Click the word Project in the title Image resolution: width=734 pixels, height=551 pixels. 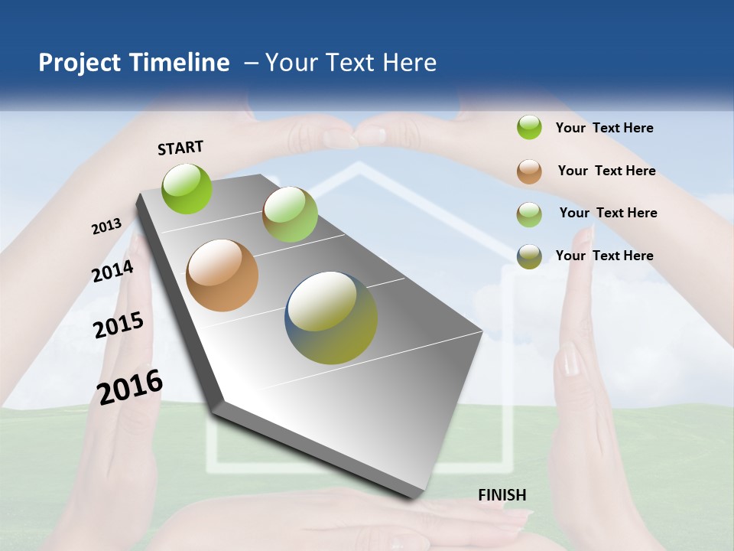pos(80,63)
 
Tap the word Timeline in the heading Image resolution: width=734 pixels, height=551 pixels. pos(180,63)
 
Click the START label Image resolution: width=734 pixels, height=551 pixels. pos(180,148)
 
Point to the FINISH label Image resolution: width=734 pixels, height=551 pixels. pos(502,495)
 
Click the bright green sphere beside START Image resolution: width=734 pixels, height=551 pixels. pos(187,188)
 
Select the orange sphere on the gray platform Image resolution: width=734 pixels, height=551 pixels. pos(222,275)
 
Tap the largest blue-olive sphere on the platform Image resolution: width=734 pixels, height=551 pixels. pos(331,318)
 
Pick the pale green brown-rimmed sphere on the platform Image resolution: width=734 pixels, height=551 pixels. pos(290,214)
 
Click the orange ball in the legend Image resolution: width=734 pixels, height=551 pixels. pos(529,171)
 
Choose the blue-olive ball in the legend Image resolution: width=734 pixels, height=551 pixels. pos(529,256)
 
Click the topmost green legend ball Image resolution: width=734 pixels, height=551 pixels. pos(529,128)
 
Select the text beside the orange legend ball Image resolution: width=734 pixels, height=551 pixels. pos(606,171)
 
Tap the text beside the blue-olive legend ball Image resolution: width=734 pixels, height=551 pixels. pos(604,256)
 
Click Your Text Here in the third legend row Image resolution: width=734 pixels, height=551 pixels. pos(608,213)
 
